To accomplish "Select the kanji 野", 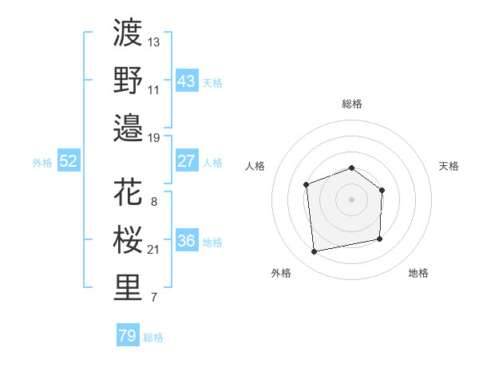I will click(x=129, y=80).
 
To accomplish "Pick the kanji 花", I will click(x=129, y=192).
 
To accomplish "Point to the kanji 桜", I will click(x=129, y=240).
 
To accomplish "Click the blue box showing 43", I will click(x=186, y=81).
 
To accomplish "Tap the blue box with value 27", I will click(x=186, y=161).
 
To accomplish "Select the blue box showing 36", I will click(x=186, y=241).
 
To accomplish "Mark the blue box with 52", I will click(x=69, y=161).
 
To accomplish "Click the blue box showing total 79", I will click(x=128, y=336).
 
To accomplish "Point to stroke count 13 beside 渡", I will click(x=154, y=41).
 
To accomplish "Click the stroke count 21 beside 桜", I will click(x=154, y=250).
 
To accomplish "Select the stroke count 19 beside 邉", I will click(x=154, y=137).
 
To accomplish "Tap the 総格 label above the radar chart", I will click(x=351, y=104).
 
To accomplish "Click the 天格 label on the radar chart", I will click(x=449, y=166).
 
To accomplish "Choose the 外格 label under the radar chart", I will click(x=281, y=273).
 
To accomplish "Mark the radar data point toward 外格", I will click(x=315, y=251).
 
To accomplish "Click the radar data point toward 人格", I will click(x=306, y=185).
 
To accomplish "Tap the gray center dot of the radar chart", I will click(x=351, y=199).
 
